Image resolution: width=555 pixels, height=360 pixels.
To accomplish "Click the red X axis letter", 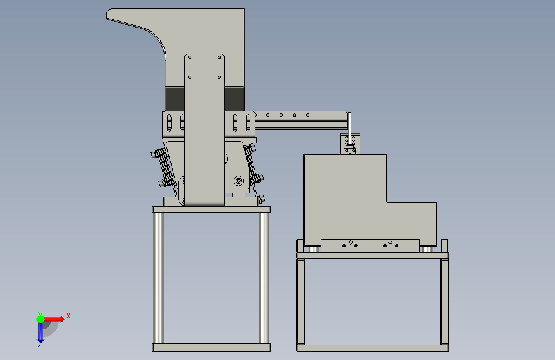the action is (68, 316).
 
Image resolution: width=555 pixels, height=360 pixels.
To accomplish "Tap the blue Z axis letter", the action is (40, 344).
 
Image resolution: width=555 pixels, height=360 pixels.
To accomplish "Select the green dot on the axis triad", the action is (41, 319).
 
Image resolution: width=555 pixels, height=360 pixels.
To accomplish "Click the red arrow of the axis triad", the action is (54, 319).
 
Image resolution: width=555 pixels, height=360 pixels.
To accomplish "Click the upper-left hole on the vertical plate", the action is (189, 58).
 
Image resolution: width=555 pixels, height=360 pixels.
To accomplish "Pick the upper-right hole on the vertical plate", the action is (219, 58).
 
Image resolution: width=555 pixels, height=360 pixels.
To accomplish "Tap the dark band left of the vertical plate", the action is (175, 99).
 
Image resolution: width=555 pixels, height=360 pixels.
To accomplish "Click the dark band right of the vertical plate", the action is (234, 99).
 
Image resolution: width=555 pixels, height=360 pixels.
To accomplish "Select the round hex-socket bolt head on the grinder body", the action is (239, 181).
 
